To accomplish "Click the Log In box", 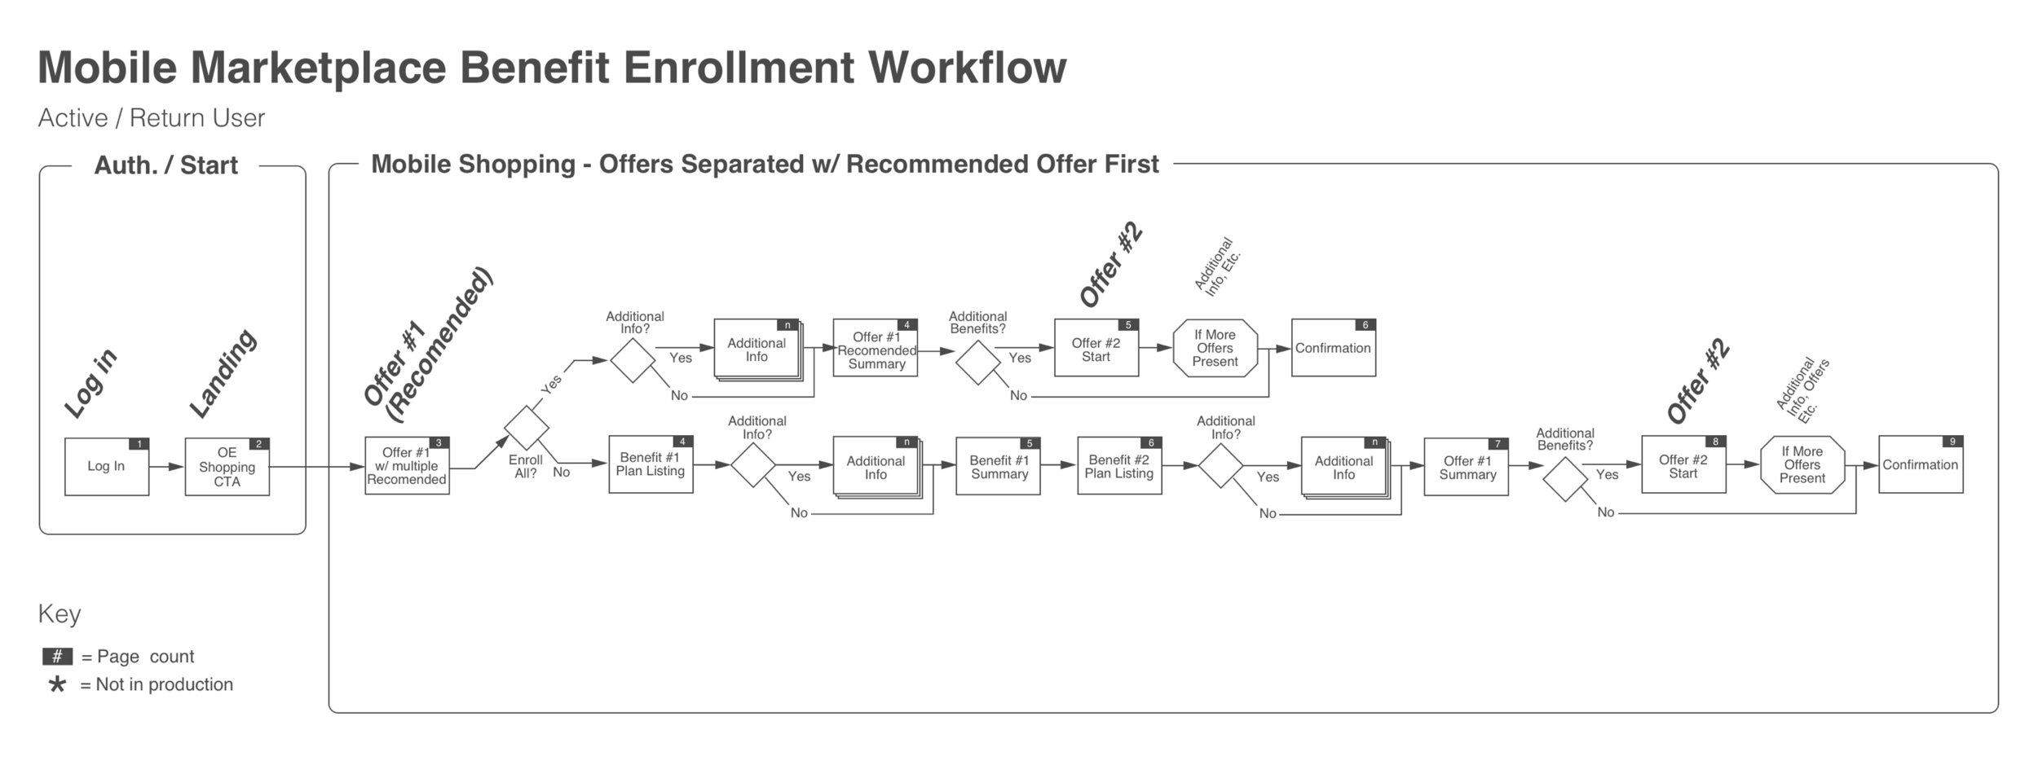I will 107,467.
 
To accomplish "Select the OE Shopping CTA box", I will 227,467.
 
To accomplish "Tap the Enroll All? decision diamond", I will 527,427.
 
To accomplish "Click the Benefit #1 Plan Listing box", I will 651,464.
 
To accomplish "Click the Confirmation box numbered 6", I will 1333,348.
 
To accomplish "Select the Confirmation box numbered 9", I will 1920,464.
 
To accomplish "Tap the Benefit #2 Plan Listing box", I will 1118,466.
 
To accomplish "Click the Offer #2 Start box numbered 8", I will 1683,465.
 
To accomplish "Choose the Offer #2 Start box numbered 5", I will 1096,349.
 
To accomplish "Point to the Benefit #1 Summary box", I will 998,467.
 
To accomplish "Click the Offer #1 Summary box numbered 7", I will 1466,467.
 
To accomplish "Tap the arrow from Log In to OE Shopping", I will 167,467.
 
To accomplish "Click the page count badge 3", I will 439,443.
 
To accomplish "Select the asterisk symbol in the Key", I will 57,684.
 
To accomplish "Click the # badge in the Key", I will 57,657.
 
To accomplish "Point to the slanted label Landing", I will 223,374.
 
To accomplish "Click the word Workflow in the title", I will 967,68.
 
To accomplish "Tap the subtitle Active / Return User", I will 152,118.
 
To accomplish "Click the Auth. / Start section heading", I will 166,165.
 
